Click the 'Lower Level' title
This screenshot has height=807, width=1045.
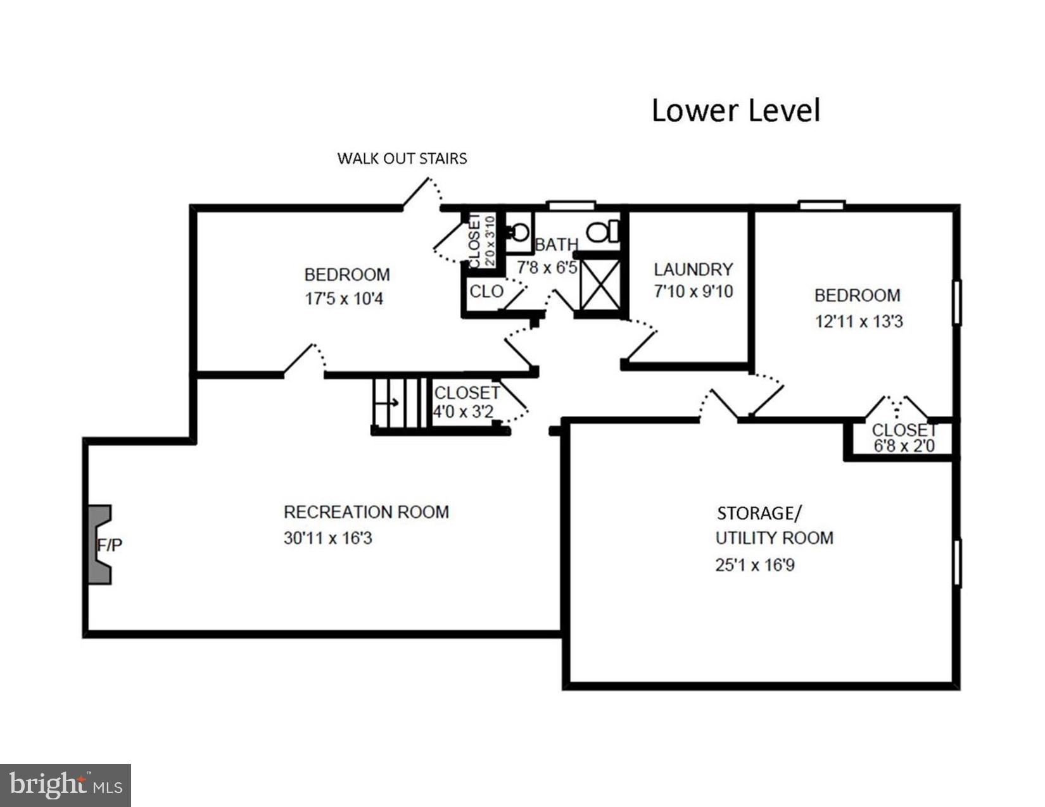[x=735, y=110]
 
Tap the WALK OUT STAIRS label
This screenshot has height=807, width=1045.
[x=402, y=158]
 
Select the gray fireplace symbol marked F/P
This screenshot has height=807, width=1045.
[x=99, y=544]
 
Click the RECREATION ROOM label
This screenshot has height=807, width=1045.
[x=366, y=511]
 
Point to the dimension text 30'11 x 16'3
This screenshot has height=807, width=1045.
[x=327, y=538]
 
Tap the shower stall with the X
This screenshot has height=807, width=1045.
[x=600, y=284]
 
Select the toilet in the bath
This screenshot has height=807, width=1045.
[x=602, y=232]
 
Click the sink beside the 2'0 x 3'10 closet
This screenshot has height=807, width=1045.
[x=519, y=233]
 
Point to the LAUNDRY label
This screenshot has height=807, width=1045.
[x=693, y=269]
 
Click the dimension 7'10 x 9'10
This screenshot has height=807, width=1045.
[x=693, y=291]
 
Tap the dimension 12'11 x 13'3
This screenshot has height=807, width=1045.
[x=858, y=322]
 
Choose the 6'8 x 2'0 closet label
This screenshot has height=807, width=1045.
[x=904, y=446]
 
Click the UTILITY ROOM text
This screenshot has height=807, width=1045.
[x=774, y=538]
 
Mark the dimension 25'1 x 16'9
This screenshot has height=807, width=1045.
[x=754, y=565]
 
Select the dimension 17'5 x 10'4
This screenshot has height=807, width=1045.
[x=344, y=299]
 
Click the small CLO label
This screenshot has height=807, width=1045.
[x=486, y=292]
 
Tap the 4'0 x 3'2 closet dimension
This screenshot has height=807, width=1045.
[x=463, y=412]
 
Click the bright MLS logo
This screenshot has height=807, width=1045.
[x=65, y=785]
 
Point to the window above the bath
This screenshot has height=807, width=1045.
[x=571, y=205]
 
